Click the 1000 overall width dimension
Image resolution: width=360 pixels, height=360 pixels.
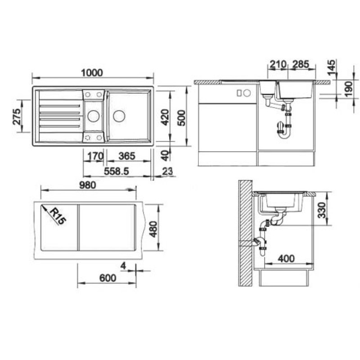click(92, 73)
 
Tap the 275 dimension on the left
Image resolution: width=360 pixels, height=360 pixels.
click(17, 117)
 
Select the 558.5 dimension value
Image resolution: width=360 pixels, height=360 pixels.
click(117, 171)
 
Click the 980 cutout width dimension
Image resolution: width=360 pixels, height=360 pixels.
click(87, 185)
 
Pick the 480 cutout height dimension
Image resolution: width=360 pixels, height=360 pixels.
click(153, 229)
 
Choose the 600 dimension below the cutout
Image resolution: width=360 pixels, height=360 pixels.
click(108, 278)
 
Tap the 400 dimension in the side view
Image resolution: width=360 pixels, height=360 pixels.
click(286, 259)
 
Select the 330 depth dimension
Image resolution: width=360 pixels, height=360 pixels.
click(321, 210)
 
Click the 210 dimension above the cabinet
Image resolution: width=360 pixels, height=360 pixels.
click(278, 64)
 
